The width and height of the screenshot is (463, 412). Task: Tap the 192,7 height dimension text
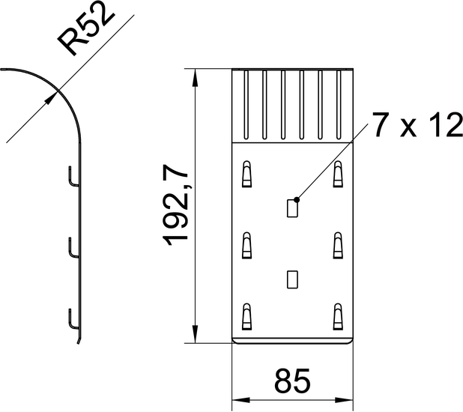click(175, 206)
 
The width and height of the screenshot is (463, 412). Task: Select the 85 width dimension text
click(292, 381)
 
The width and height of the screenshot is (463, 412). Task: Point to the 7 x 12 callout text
click(417, 124)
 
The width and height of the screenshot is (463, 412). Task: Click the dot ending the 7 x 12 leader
click(297, 200)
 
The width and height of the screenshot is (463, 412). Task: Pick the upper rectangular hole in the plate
click(292, 208)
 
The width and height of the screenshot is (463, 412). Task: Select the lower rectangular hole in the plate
click(292, 279)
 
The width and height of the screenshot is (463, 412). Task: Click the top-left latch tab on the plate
click(246, 174)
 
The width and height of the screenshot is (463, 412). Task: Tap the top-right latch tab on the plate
click(338, 174)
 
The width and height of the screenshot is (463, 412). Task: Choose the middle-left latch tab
click(246, 246)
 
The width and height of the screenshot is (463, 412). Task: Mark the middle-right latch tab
click(338, 246)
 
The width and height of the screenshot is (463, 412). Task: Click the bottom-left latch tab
click(246, 317)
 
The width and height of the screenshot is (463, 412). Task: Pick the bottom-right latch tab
click(338, 317)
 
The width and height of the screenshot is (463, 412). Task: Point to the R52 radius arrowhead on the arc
click(51, 98)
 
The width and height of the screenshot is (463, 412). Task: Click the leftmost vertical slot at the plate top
click(246, 105)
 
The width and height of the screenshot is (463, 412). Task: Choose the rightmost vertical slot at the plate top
click(339, 105)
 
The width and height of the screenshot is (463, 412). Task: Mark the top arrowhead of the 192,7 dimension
click(195, 77)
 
